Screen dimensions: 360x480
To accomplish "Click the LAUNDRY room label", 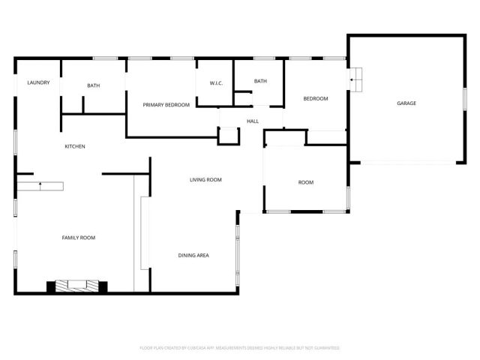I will (x=38, y=82).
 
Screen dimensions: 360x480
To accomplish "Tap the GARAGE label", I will (x=406, y=103).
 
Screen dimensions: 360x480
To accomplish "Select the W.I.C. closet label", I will (x=214, y=83).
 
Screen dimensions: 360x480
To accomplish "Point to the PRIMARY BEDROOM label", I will (x=166, y=105).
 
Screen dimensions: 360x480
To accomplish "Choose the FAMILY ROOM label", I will (x=78, y=238).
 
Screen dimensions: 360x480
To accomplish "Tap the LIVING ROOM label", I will (x=205, y=180).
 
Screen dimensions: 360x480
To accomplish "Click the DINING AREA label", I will (x=193, y=256).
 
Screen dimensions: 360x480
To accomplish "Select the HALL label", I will (x=253, y=121).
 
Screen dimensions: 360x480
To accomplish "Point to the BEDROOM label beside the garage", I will (x=315, y=99).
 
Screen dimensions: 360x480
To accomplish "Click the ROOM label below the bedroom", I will (x=306, y=183).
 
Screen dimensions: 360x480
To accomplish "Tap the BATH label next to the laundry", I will (x=93, y=85).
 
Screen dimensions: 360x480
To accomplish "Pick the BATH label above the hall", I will (x=260, y=81).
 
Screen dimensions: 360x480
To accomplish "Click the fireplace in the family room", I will (x=77, y=286).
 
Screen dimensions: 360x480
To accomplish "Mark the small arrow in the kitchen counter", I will (x=40, y=183).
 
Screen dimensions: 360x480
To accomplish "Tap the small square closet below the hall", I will (x=228, y=136).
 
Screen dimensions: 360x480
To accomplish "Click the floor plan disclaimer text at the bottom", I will (x=240, y=348).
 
